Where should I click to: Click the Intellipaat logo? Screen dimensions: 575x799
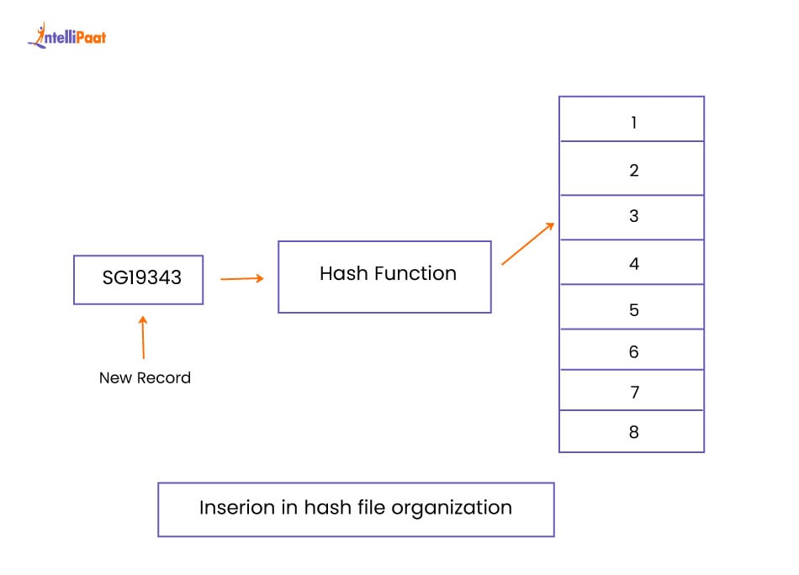click(66, 34)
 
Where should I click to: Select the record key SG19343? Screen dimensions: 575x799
click(141, 277)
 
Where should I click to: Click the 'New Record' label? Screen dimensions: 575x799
click(145, 378)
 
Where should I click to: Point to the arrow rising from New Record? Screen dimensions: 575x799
click(143, 337)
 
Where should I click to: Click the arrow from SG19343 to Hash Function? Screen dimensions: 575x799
click(241, 278)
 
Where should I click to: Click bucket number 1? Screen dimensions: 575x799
click(633, 123)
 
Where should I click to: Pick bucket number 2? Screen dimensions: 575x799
click(633, 171)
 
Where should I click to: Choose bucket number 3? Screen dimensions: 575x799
click(633, 216)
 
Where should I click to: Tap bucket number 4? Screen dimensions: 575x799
click(633, 264)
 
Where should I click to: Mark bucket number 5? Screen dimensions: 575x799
click(633, 310)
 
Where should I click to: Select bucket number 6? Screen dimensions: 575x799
click(633, 352)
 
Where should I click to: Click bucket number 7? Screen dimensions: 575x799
click(633, 393)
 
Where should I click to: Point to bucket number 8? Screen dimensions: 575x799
click(633, 433)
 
